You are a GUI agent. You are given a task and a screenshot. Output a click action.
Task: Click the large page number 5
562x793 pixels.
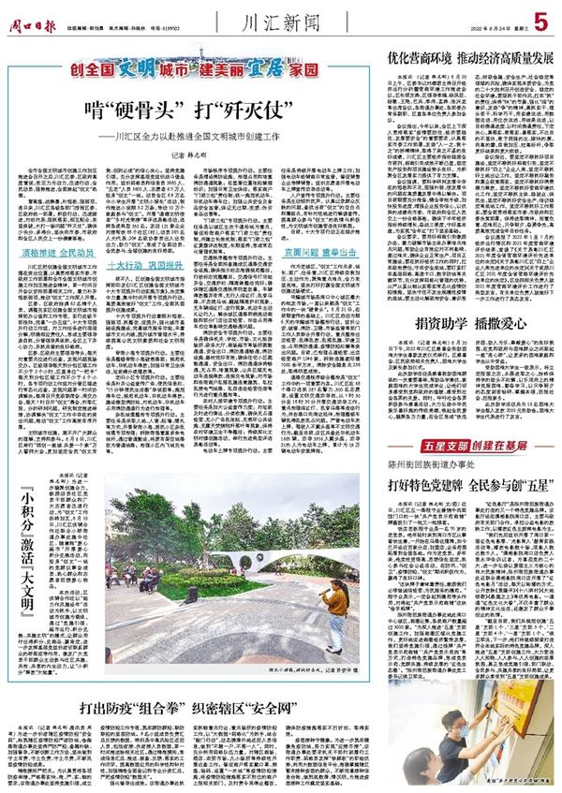541,19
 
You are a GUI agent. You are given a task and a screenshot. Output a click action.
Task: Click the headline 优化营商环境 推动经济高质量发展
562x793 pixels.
457,57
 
